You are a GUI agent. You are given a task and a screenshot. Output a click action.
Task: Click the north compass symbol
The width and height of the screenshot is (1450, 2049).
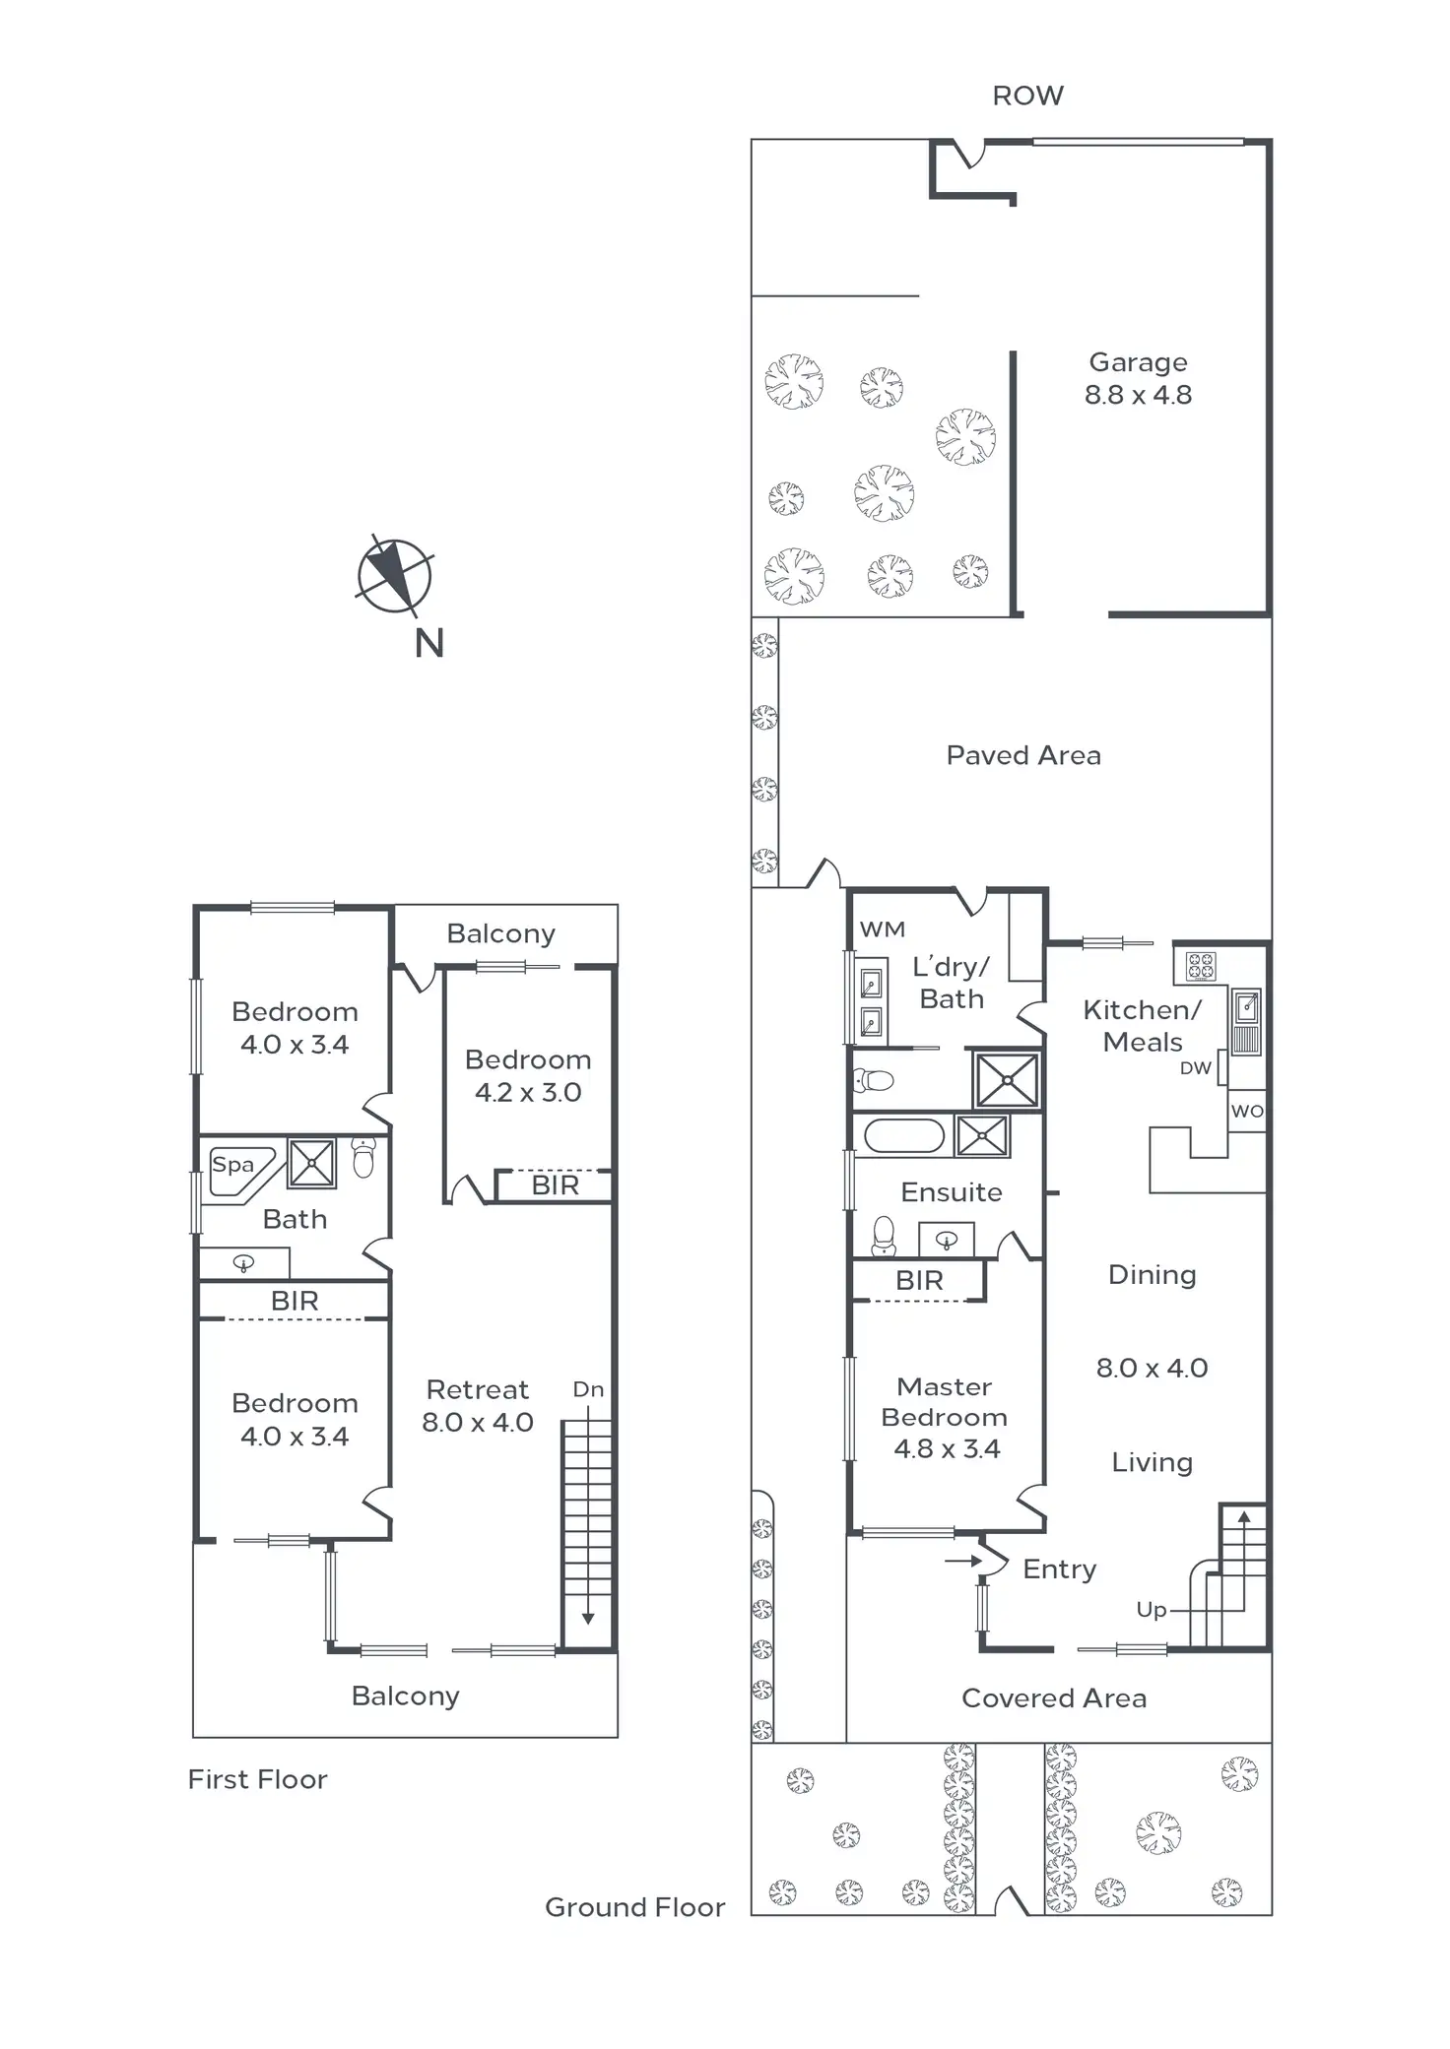(x=394, y=576)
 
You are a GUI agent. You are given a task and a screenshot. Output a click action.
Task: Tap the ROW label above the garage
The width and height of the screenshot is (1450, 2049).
(x=1027, y=96)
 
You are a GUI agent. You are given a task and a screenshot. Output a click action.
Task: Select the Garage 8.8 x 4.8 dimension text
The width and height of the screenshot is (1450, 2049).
(x=1138, y=395)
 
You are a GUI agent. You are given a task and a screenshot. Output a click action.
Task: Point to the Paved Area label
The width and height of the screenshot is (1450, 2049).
(x=1023, y=755)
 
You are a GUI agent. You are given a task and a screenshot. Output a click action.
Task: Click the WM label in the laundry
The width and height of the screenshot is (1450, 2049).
(x=882, y=929)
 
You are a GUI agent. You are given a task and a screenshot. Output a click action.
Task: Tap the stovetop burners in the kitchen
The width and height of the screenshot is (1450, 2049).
(x=1201, y=966)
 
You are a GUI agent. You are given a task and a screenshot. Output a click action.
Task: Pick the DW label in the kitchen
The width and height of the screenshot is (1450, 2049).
(x=1195, y=1068)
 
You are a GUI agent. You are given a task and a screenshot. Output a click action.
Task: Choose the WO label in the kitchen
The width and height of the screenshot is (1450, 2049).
(x=1246, y=1111)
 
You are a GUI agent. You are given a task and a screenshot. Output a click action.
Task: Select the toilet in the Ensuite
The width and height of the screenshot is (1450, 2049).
(x=883, y=1237)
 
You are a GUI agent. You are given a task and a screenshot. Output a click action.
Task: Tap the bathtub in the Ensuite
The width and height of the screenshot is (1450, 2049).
(x=903, y=1135)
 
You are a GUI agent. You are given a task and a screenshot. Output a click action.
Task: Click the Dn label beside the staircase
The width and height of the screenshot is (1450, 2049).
(x=588, y=1389)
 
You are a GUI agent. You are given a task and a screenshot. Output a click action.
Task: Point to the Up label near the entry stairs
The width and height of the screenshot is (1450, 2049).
(x=1151, y=1609)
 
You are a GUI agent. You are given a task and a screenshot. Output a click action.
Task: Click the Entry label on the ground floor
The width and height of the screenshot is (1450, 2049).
(x=1059, y=1569)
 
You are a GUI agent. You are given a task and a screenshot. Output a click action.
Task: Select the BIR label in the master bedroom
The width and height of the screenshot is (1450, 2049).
(x=919, y=1280)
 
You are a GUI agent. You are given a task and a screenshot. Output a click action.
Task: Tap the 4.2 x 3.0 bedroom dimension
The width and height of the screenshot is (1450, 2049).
(x=528, y=1092)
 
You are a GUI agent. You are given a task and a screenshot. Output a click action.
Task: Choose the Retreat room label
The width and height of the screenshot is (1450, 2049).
(x=478, y=1389)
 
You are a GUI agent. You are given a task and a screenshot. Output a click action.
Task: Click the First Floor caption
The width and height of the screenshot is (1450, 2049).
(x=258, y=1779)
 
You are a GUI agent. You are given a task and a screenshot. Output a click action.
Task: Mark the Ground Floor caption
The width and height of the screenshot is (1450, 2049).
(x=634, y=1907)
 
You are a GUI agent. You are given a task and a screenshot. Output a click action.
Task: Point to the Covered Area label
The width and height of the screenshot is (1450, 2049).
(x=1054, y=1697)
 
